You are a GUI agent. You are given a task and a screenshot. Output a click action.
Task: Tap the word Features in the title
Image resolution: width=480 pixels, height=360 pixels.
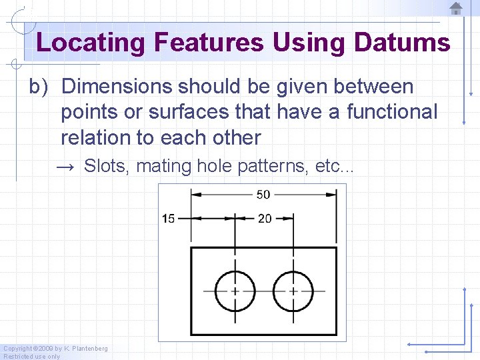click(x=209, y=43)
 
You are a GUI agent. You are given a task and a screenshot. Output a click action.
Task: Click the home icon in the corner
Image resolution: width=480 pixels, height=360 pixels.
click(x=456, y=9)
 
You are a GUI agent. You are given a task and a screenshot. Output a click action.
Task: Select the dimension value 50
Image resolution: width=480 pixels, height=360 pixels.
click(x=263, y=195)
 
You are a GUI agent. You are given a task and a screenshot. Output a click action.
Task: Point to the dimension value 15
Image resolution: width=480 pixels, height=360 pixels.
click(x=168, y=219)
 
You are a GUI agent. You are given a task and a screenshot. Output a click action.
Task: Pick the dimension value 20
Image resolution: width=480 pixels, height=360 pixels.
click(x=265, y=219)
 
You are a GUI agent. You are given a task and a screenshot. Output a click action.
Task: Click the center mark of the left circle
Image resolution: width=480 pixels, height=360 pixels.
click(x=235, y=291)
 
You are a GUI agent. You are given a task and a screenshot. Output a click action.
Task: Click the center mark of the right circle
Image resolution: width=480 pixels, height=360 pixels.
click(x=293, y=291)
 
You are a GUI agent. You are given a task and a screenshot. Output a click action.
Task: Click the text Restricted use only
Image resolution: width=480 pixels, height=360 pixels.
click(x=31, y=356)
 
